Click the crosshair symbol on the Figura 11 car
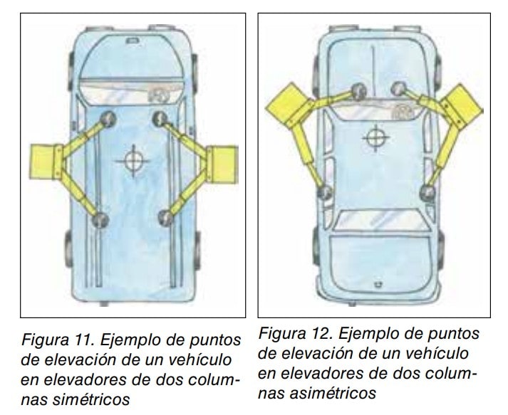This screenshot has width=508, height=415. point(133,161)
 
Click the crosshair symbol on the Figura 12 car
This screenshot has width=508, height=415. point(375,137)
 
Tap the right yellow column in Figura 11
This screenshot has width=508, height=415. point(222,164)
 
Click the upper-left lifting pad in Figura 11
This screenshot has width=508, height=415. point(108,119)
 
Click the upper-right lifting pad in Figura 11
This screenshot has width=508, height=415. point(160,119)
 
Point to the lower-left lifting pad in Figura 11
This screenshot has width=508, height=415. point(100,220)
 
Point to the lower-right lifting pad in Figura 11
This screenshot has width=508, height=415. point(165,218)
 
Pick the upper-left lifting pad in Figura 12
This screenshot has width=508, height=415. point(358,91)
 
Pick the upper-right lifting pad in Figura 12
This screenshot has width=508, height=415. point(398,88)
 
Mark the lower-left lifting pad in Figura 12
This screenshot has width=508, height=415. point(324,192)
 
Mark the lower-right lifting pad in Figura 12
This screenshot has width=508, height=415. point(427,193)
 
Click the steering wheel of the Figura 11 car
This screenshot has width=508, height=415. point(157,95)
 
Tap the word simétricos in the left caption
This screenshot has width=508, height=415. point(91,399)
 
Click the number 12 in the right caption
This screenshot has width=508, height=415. point(322,334)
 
